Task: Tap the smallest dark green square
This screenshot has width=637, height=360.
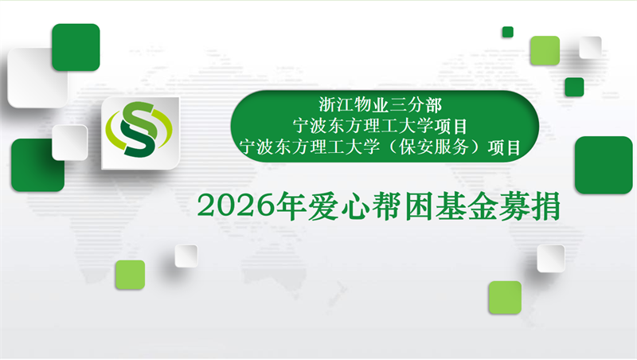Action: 507,32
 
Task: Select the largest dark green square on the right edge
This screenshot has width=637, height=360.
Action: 603,165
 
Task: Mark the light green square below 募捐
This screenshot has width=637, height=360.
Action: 505,297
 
